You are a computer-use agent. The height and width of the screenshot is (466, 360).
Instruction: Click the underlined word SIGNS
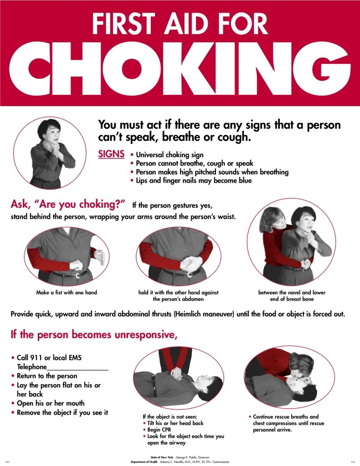pos(111,154)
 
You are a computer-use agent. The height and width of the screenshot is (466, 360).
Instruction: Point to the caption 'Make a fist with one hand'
pos(67,292)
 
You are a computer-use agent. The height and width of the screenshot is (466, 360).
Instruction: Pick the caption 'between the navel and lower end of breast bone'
pos(292,295)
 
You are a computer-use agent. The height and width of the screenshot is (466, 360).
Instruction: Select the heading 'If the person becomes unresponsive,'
pos(93,335)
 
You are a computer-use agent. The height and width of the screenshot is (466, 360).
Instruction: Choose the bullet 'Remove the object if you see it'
pos(62,413)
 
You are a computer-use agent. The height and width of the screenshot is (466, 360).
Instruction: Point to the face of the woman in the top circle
pos(50,136)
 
